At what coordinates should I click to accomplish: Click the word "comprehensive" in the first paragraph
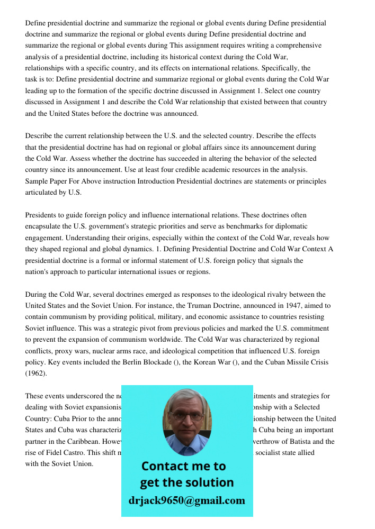click(297, 45)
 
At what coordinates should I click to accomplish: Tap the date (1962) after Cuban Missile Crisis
click(36, 373)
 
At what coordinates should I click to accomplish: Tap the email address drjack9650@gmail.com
click(186, 500)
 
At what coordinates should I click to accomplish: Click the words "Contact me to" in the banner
click(183, 466)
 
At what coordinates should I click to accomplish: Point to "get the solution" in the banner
click(186, 482)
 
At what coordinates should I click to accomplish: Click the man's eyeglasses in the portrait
click(187, 417)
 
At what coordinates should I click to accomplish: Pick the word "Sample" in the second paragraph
click(38, 181)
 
